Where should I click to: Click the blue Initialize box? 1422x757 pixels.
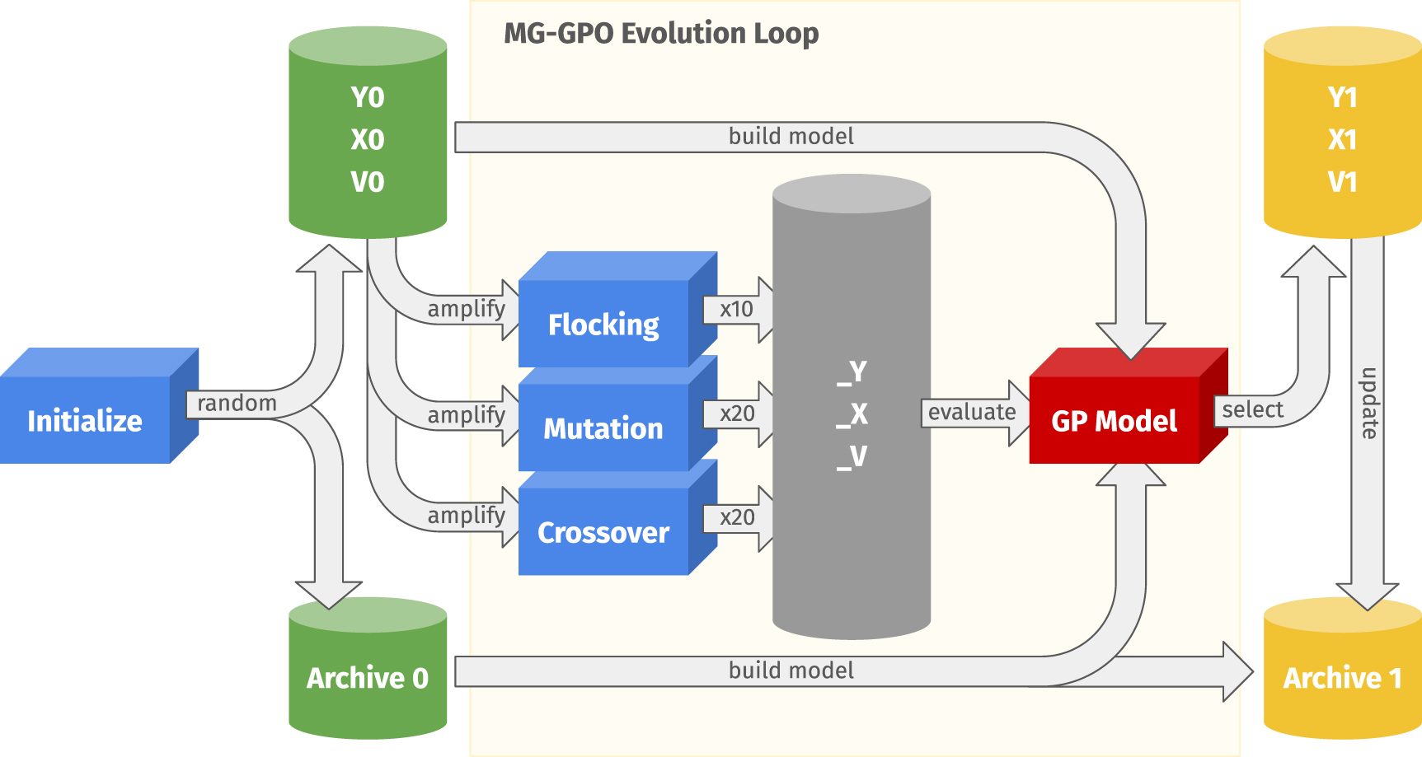coord(85,420)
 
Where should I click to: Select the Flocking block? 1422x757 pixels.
coord(603,325)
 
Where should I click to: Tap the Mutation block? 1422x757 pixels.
coord(603,428)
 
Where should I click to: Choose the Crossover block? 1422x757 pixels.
coord(603,532)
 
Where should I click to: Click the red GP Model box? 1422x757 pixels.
coord(1114,420)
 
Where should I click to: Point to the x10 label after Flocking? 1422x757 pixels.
coord(736,309)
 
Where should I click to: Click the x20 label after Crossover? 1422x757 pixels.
coord(736,517)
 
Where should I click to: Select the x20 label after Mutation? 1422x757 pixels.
coord(736,414)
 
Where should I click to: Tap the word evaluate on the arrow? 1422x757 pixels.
coord(972,412)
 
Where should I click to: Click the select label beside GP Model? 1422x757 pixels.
coord(1252,409)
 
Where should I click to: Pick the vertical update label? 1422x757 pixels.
coord(1368,403)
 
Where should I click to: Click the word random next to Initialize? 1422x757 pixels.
coord(237,403)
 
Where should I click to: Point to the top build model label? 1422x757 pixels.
coord(791,136)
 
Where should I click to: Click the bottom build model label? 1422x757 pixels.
coord(791,671)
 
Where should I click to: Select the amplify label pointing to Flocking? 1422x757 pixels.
coord(466,309)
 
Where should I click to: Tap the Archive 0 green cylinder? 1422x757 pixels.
coord(368,677)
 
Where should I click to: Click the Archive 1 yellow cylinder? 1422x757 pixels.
coord(1342,677)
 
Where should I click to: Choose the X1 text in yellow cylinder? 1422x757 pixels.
coord(1342,139)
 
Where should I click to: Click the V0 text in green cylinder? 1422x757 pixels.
coord(368,181)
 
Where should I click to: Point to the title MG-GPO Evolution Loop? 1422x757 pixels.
coord(661,34)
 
